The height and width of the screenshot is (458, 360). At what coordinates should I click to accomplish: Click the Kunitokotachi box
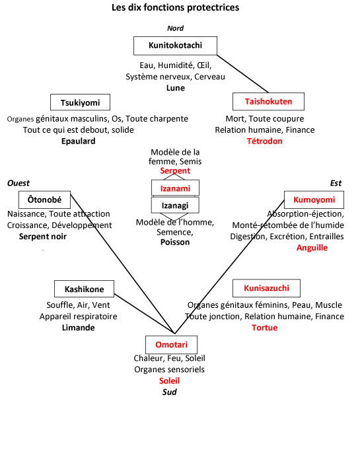point(175,46)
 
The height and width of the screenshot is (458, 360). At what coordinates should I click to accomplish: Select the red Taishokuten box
point(268,101)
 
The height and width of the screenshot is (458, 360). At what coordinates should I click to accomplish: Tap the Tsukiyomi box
point(81,102)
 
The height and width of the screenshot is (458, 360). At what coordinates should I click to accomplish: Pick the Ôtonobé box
point(44,200)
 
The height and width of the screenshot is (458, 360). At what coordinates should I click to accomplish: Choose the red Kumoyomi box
point(314,200)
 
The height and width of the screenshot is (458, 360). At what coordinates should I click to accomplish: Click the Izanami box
point(175,188)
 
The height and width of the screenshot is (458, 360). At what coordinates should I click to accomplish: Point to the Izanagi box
point(175,205)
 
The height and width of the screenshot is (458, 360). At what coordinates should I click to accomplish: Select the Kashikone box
point(84,289)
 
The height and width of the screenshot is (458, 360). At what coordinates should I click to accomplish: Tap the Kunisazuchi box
point(266,288)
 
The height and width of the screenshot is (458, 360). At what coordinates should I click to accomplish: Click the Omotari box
point(171,345)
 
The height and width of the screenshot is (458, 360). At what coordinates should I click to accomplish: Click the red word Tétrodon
point(264,141)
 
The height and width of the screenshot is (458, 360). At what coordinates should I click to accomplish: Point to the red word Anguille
point(312,248)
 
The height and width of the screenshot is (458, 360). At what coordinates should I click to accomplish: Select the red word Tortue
point(264,327)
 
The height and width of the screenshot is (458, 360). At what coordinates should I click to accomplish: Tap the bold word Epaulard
point(78,141)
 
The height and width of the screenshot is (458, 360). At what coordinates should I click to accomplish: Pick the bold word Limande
point(78,327)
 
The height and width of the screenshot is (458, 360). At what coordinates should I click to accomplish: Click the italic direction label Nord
point(175,28)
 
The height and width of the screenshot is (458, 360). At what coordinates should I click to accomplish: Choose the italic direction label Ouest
point(18,183)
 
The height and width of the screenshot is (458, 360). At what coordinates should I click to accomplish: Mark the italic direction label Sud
point(169,392)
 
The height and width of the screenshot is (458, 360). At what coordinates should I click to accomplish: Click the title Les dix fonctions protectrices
point(175,7)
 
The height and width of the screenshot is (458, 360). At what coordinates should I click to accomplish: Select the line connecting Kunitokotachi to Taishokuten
point(242,73)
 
